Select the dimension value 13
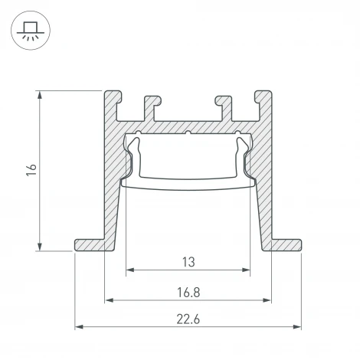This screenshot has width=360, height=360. tap(188, 261)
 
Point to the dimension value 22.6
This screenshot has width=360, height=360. tap(188, 318)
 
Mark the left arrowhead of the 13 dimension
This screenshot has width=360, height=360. tap(129, 270)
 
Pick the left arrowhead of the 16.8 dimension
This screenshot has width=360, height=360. tap(107, 299)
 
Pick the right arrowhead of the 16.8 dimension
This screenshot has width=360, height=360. tap(270, 299)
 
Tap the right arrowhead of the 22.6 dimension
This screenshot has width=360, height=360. tap(298, 327)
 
